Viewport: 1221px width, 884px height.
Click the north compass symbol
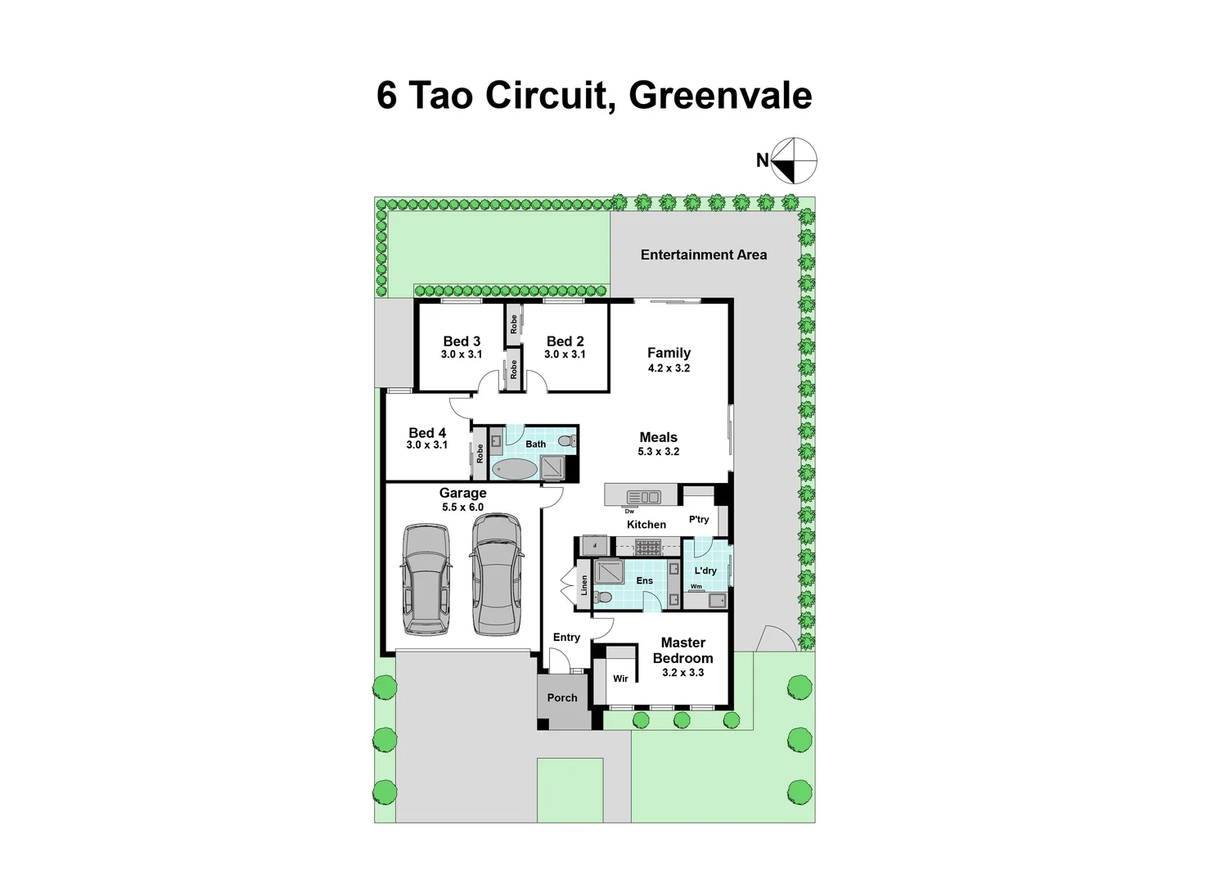coord(794,160)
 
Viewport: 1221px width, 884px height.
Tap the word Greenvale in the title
coord(720,95)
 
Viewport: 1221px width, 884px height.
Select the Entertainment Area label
coord(704,255)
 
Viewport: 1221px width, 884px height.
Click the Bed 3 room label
coord(462,341)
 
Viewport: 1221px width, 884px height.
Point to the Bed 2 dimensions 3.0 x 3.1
coord(565,354)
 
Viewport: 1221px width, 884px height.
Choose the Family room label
coord(669,353)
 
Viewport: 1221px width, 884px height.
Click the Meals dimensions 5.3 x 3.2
coord(659,451)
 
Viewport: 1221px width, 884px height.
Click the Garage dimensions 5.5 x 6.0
coord(462,507)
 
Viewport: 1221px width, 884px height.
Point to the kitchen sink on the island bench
coord(643,496)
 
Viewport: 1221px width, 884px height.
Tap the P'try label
coord(699,519)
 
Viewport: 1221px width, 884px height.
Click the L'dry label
coord(705,571)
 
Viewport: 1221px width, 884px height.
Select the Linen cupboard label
coord(584,584)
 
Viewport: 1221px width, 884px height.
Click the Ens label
coord(645,580)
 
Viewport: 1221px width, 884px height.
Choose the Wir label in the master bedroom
coord(620,679)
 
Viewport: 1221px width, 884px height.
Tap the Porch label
coord(562,697)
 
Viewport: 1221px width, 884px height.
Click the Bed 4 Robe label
coord(480,453)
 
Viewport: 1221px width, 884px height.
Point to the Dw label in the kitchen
coord(629,511)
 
